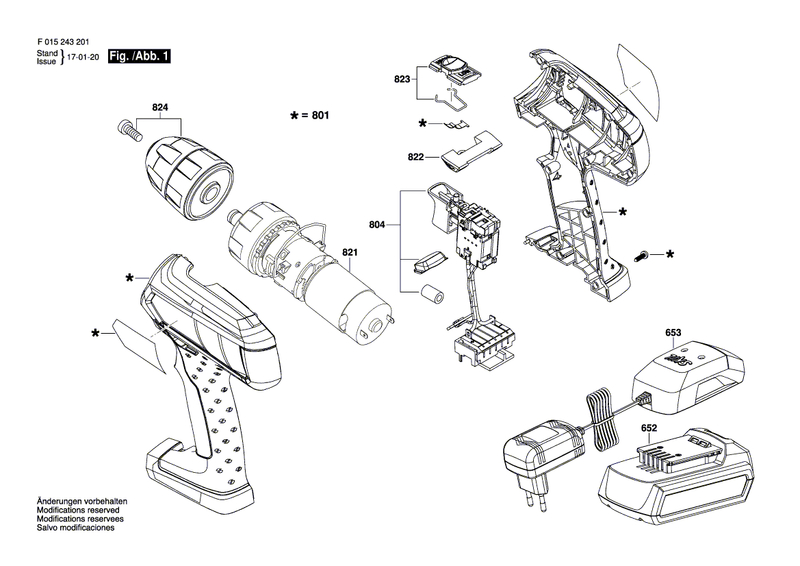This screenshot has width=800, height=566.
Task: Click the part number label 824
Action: click(160, 108)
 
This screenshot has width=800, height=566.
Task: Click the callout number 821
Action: click(350, 252)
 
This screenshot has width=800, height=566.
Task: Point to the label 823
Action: click(402, 79)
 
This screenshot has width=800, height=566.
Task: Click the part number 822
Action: click(415, 157)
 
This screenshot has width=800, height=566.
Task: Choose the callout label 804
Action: click(377, 224)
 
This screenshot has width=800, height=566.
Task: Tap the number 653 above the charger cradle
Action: click(673, 333)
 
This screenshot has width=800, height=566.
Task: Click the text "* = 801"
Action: click(310, 116)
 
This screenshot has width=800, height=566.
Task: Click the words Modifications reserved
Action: click(78, 510)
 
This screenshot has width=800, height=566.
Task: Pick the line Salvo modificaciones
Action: click(75, 528)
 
